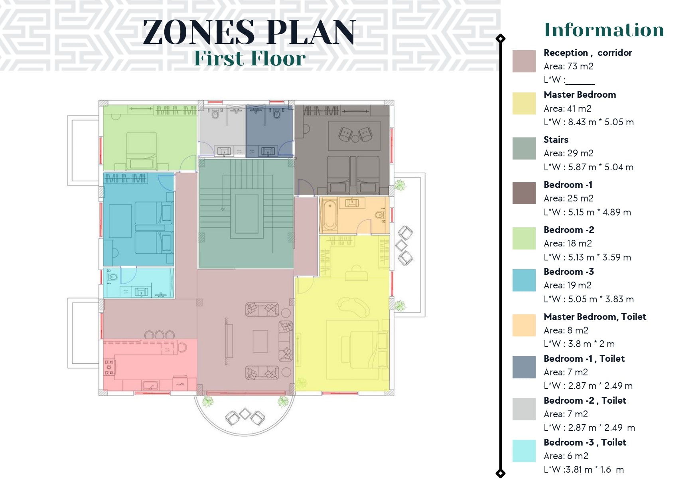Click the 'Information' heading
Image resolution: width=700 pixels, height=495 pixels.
604,30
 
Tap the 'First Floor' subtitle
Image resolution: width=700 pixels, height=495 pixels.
250,58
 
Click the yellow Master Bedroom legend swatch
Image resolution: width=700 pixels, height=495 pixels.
524,103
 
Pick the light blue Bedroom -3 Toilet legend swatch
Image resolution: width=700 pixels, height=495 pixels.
524,451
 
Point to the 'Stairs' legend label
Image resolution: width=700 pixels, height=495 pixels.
556,140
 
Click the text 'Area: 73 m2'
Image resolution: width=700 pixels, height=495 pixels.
568,66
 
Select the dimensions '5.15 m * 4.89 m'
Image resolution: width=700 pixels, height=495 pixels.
599,212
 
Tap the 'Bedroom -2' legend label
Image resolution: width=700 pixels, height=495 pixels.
569,230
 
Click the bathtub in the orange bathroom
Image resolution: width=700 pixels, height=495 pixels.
329,215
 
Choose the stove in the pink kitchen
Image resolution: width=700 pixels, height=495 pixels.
109,367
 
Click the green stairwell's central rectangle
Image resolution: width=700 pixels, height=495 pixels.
247,214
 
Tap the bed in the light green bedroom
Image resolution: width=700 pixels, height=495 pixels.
141,151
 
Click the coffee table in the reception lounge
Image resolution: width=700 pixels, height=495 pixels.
260,341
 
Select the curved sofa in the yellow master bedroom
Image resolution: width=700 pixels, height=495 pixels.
353,306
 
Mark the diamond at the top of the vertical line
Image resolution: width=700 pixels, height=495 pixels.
500,39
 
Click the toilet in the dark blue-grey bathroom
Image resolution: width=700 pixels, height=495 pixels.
277,114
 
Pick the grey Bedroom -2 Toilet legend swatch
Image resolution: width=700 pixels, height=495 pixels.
524,409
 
